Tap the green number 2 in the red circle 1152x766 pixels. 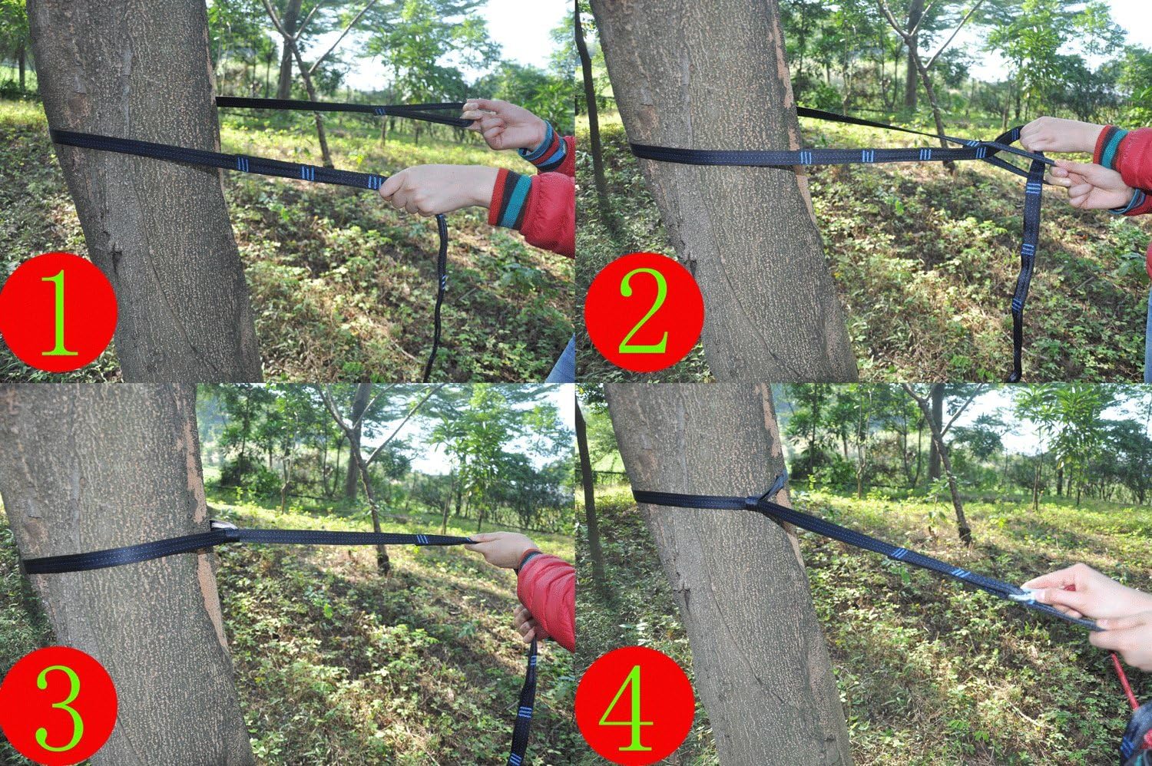(644, 313)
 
